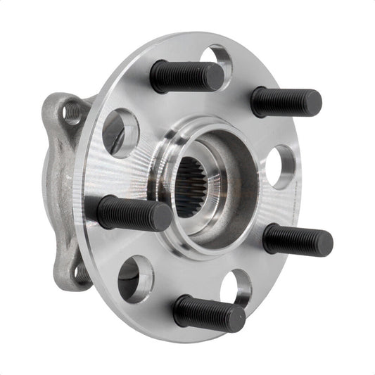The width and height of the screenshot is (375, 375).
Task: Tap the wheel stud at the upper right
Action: coord(286,102)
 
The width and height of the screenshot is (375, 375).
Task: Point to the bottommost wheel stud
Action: coord(209,313)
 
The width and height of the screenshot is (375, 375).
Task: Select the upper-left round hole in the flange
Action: coord(120,133)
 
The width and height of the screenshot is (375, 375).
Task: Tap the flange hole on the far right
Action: coord(279,166)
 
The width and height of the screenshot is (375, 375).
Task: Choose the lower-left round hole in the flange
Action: coord(135,279)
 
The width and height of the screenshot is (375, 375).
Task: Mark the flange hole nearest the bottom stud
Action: coord(236,287)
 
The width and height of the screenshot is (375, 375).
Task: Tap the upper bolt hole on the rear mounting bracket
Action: coord(72,112)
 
